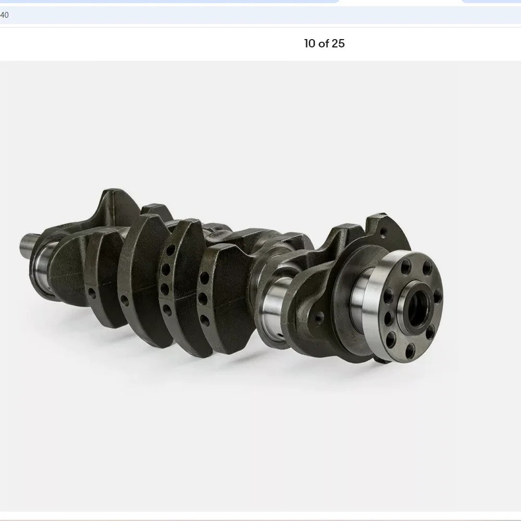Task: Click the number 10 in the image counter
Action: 310,44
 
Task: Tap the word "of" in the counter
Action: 324,44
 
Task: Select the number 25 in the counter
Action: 338,44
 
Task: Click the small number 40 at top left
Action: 4,15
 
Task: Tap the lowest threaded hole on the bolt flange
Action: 411,350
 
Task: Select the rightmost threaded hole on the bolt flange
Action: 438,295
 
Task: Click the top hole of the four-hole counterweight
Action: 170,250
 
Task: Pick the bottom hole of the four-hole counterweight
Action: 167,309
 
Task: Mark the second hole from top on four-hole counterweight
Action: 166,270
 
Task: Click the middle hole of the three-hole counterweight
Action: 203,299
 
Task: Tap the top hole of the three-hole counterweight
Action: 205,278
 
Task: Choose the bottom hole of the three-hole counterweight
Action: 205,320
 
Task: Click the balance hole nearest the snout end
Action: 92,293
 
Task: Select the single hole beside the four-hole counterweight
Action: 125,301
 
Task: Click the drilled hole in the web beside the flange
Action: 319,317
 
